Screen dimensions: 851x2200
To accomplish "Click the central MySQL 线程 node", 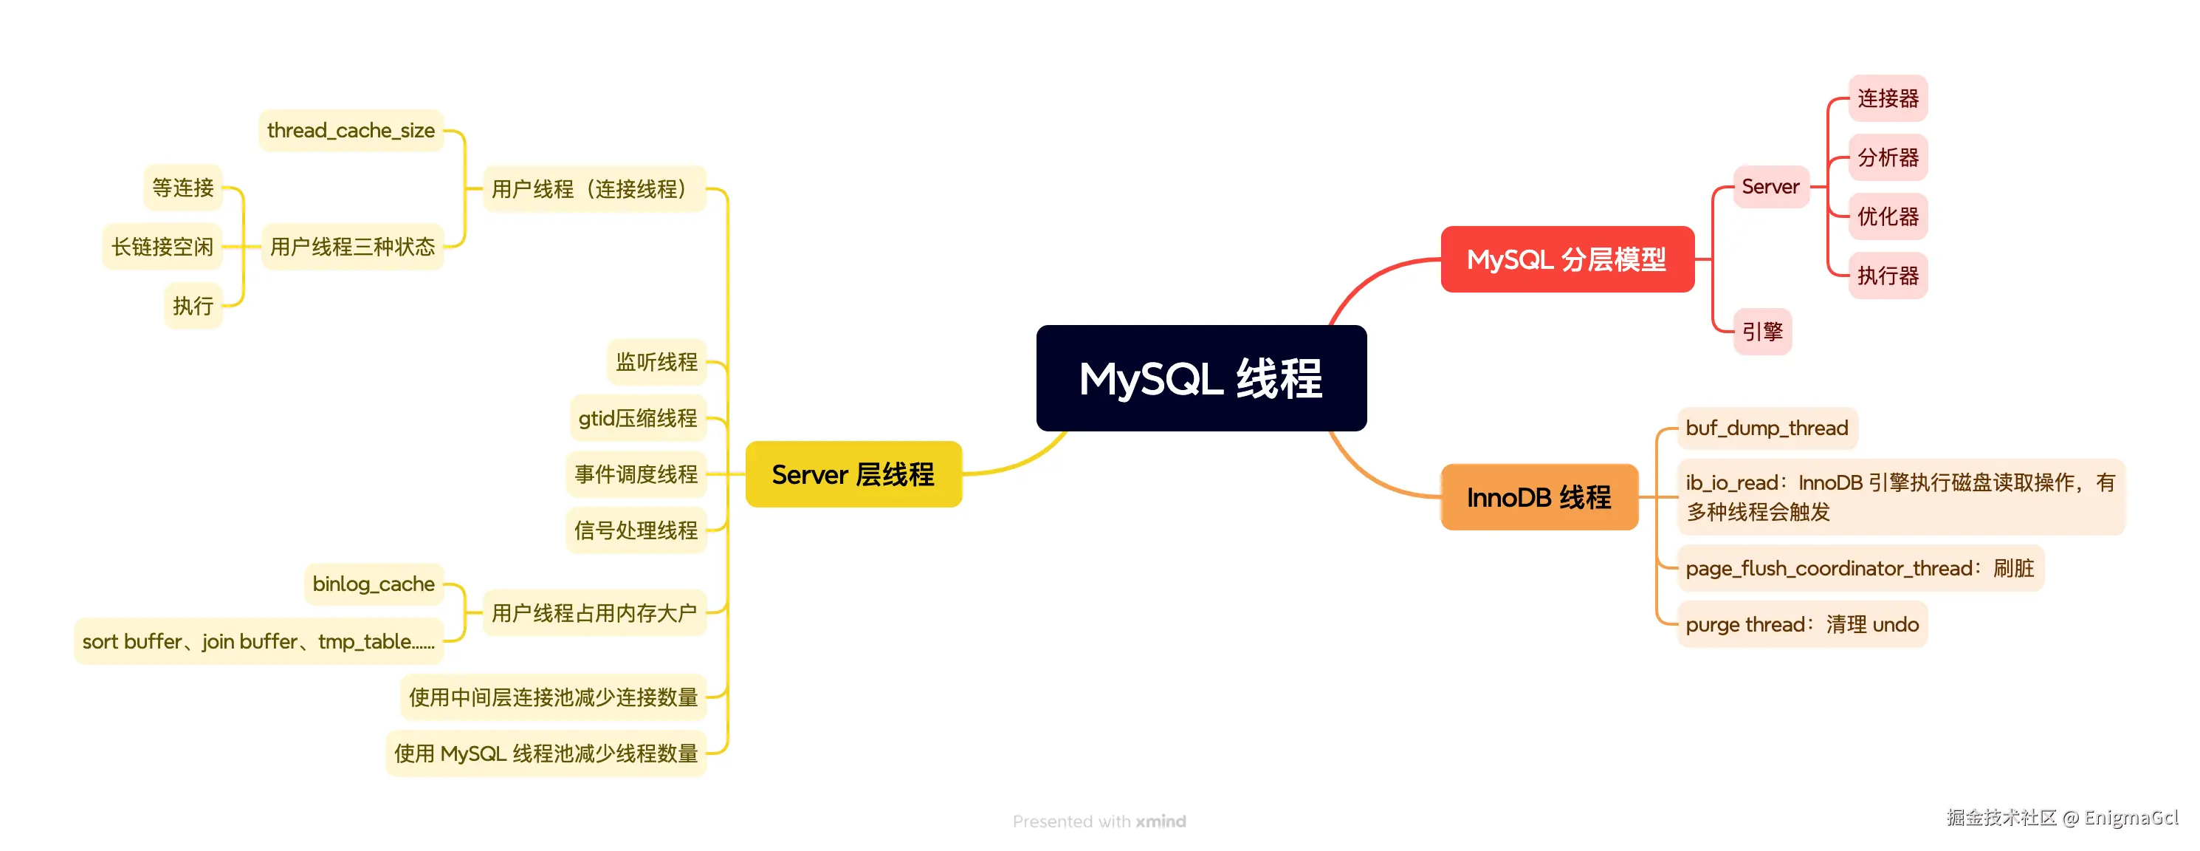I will pyautogui.click(x=1201, y=378).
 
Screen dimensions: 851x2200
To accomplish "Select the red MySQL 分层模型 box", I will pyautogui.click(x=1567, y=259).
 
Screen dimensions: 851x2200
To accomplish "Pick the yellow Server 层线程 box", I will pyautogui.click(x=853, y=474).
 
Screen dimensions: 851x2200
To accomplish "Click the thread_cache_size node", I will pyautogui.click(x=351, y=131).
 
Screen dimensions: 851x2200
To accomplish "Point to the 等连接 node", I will pyautogui.click(x=183, y=187).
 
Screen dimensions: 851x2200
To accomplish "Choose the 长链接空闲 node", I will pyautogui.click(x=162, y=247).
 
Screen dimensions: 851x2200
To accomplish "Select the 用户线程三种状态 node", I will pyautogui.click(x=352, y=247).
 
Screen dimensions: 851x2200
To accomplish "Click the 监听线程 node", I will pyautogui.click(x=656, y=361).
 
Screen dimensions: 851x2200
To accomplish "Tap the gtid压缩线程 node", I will pyautogui.click(x=637, y=418).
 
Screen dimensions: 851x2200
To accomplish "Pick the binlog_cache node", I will pyautogui.click(x=374, y=584).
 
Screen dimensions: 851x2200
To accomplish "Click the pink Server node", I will pyautogui.click(x=1770, y=186).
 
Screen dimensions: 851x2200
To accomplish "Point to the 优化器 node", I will pyautogui.click(x=1888, y=216).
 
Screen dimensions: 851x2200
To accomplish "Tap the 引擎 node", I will pyautogui.click(x=1762, y=332).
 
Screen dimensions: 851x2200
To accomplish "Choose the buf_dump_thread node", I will pyautogui.click(x=1766, y=428).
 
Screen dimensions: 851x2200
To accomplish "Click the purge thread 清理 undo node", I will pyautogui.click(x=1801, y=624).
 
